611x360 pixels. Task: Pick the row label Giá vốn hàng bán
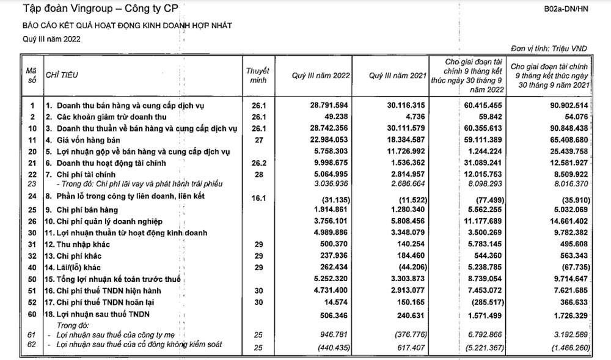point(85,140)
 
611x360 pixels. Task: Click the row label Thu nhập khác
point(83,244)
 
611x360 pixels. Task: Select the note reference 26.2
point(258,163)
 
